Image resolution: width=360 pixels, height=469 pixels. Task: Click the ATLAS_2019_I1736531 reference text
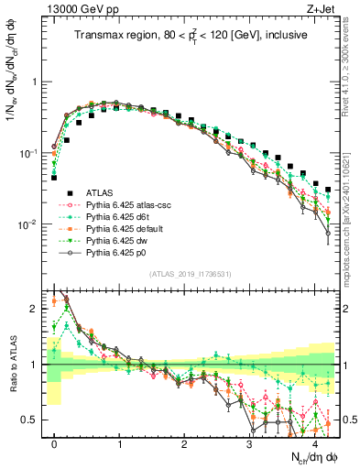[x=191, y=274]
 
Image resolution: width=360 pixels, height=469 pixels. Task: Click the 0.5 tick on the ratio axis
[x=33, y=420]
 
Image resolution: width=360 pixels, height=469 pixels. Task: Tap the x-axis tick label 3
[x=249, y=444]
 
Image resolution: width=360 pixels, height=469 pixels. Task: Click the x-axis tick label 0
[x=55, y=444]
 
